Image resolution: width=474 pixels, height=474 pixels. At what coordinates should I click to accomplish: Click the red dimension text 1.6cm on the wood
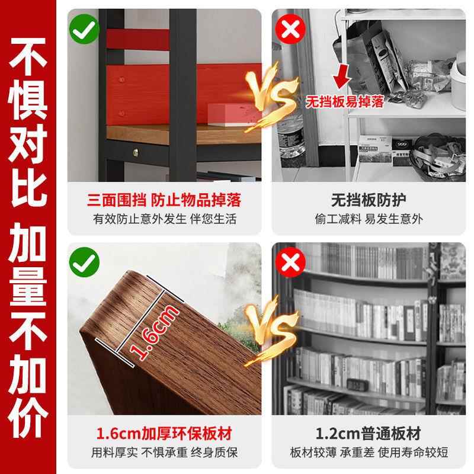click(148, 334)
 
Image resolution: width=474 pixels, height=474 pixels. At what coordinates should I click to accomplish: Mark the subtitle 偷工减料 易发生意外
click(368, 219)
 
